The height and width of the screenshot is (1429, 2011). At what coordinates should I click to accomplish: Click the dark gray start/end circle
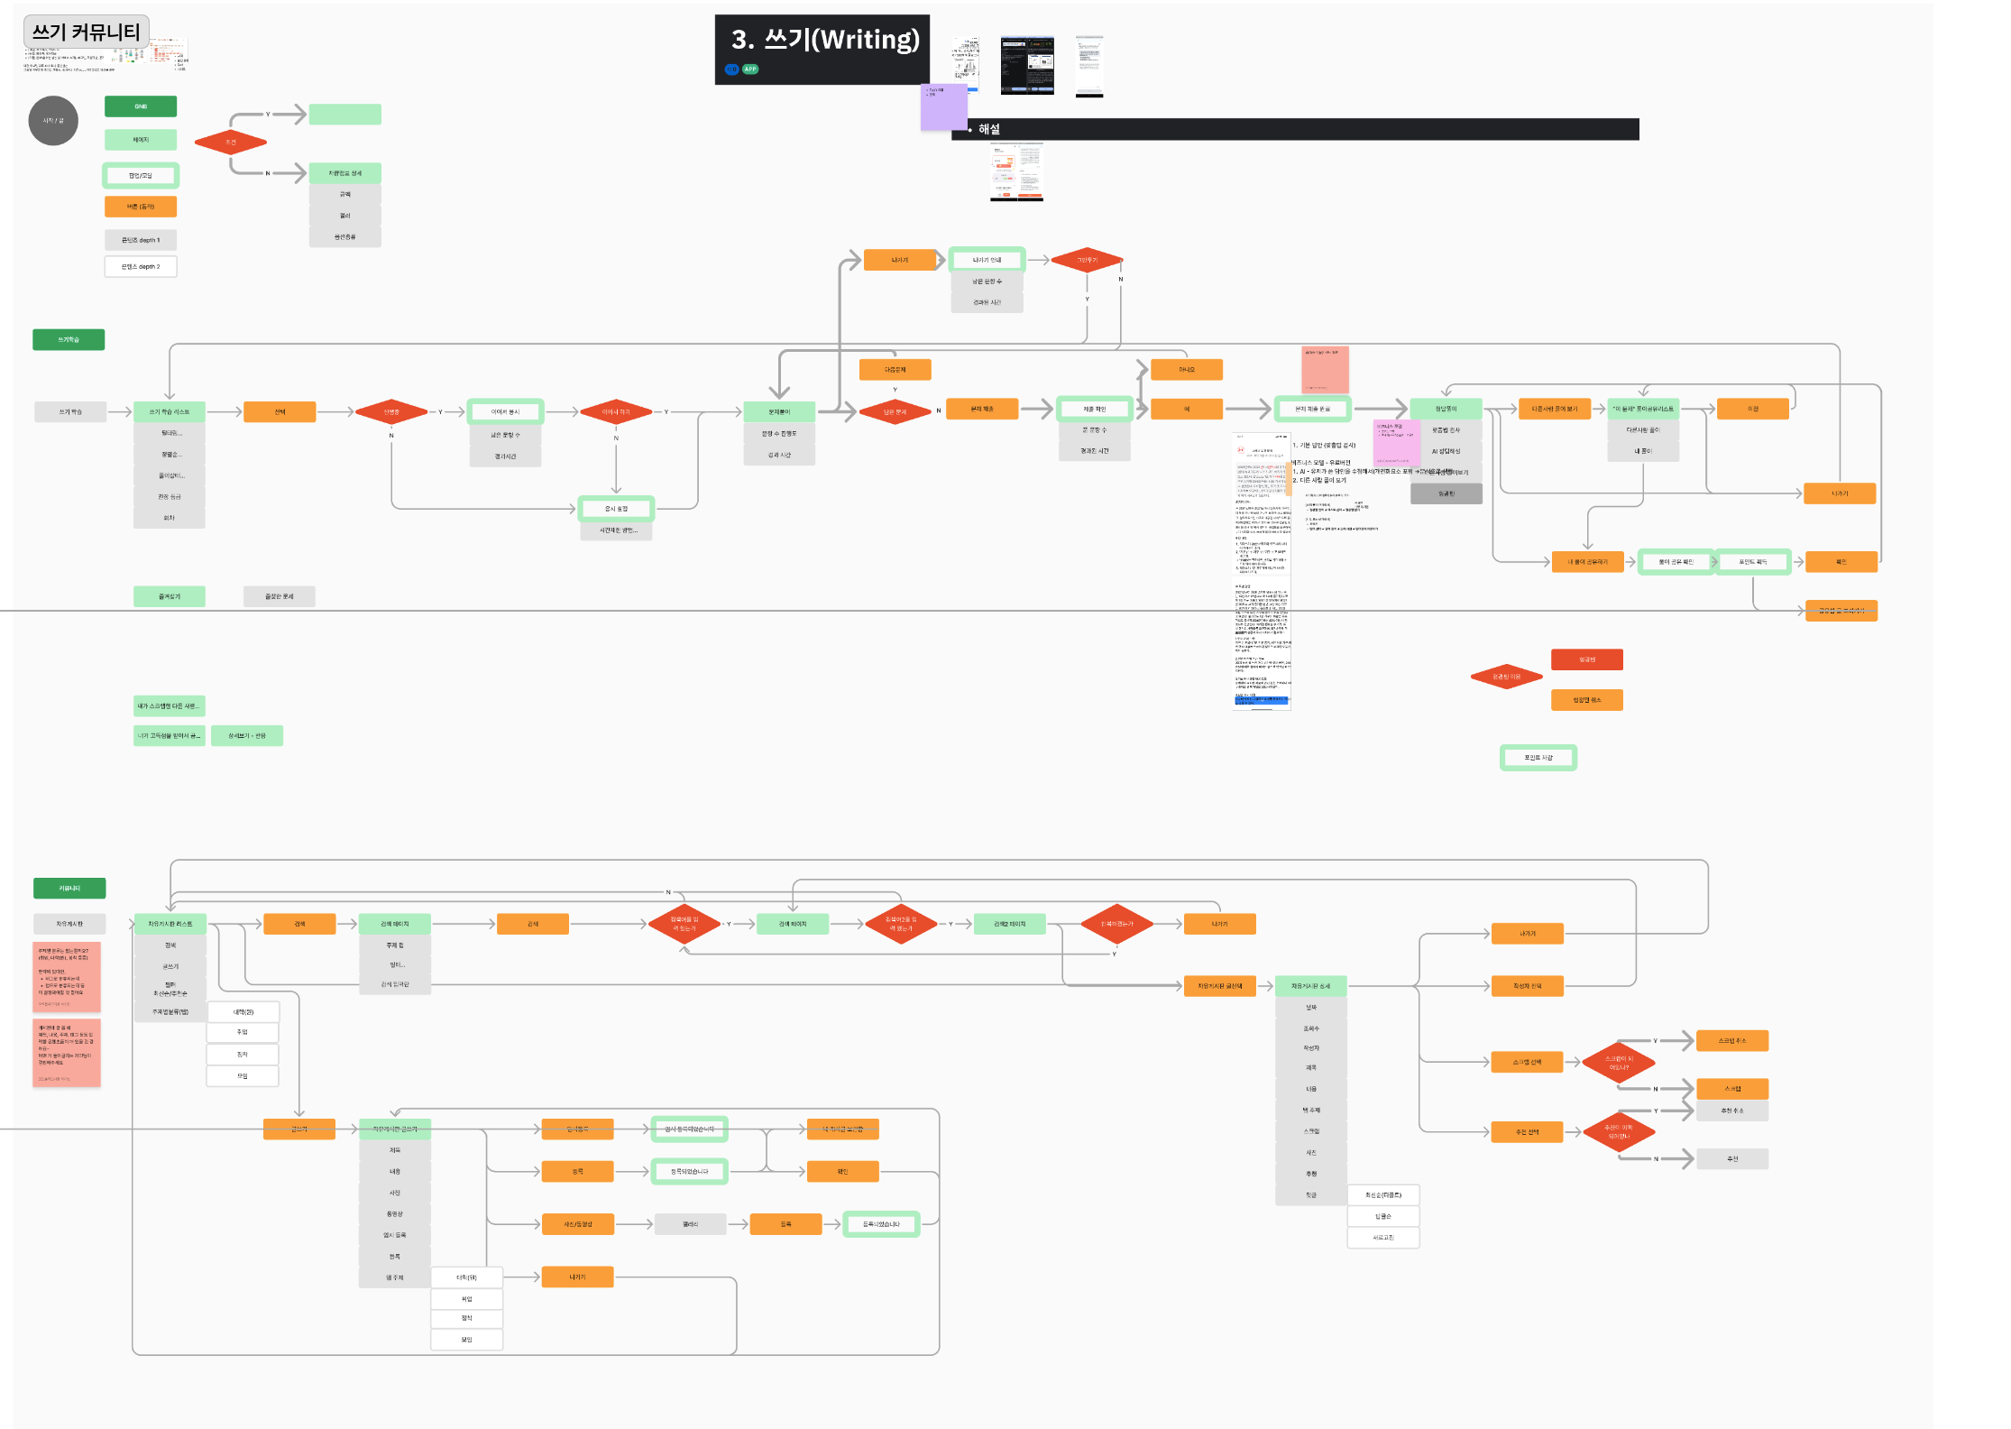(x=53, y=120)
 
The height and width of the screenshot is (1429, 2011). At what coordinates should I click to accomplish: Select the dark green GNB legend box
(x=141, y=106)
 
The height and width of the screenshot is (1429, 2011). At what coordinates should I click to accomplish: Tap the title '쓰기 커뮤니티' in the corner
(x=86, y=32)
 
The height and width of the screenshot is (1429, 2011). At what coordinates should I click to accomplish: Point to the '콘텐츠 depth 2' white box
(x=141, y=267)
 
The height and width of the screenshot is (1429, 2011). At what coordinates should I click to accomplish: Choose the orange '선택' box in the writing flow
(x=280, y=411)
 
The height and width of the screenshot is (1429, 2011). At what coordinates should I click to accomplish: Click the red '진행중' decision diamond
(x=390, y=411)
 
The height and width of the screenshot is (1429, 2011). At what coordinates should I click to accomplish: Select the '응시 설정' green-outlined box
(x=616, y=509)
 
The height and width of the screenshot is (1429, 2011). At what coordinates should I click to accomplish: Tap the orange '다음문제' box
(x=895, y=370)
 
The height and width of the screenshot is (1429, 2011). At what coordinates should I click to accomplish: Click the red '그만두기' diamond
(x=1087, y=260)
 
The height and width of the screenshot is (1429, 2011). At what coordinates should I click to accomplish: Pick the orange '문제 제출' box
(x=982, y=409)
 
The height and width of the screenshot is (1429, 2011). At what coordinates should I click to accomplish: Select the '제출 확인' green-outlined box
(x=1094, y=409)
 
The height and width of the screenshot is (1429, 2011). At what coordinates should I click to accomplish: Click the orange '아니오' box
(x=1187, y=370)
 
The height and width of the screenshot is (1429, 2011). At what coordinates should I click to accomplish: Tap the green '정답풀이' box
(x=1446, y=409)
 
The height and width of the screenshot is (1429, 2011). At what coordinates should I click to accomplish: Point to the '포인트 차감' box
(x=1538, y=758)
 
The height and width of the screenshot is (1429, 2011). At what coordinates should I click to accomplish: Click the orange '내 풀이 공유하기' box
(x=1587, y=562)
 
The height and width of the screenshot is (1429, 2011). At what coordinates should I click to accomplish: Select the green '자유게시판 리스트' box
(x=170, y=924)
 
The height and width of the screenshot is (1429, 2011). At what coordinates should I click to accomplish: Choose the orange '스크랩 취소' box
(x=1731, y=1041)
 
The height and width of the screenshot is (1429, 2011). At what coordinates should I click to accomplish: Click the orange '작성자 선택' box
(x=1527, y=986)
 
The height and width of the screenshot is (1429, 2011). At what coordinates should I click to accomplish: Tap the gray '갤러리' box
(x=690, y=1224)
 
